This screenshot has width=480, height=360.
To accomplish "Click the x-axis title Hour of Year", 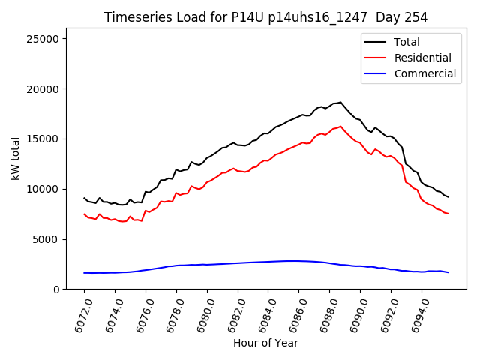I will pyautogui.click(x=265, y=343).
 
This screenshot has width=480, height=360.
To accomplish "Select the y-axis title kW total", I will pyautogui.click(x=15, y=160).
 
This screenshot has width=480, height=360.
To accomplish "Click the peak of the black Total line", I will pyautogui.click(x=340, y=102).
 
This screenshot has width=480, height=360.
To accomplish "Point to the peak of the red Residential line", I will pyautogui.click(x=340, y=126).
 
